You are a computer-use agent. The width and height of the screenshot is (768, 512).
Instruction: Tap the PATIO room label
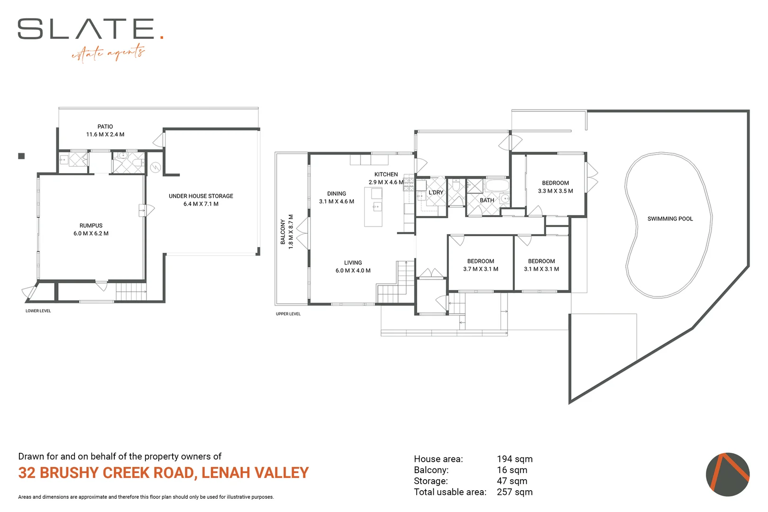(105, 127)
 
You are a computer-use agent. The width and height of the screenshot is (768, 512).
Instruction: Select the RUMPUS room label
(91, 226)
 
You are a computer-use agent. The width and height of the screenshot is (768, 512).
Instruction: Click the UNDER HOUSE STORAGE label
(201, 196)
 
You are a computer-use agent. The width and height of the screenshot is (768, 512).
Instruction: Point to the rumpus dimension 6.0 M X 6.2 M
(91, 234)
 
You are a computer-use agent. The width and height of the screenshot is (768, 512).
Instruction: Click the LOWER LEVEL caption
(38, 311)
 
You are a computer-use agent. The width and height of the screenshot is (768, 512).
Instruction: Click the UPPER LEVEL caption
(288, 314)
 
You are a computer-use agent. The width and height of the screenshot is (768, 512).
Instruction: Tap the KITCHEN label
(386, 174)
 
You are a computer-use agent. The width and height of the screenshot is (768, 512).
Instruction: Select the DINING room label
(337, 193)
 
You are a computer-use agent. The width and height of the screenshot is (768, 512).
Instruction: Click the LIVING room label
(353, 263)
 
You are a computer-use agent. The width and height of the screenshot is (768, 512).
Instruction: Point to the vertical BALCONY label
(283, 232)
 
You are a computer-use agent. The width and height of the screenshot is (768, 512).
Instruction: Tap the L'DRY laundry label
(436, 192)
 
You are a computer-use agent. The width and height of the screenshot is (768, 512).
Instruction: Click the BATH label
(487, 201)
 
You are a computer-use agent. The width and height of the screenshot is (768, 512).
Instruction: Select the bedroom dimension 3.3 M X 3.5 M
(556, 191)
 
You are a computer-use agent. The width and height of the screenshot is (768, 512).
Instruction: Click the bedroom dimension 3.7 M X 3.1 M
(481, 269)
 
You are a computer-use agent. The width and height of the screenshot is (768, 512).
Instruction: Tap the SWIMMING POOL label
(670, 219)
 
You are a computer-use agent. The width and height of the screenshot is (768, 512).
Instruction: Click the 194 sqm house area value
(515, 459)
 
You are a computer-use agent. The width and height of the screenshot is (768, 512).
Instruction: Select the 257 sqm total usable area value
(515, 492)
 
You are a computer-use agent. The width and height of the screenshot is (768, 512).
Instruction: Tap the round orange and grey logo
(727, 475)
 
